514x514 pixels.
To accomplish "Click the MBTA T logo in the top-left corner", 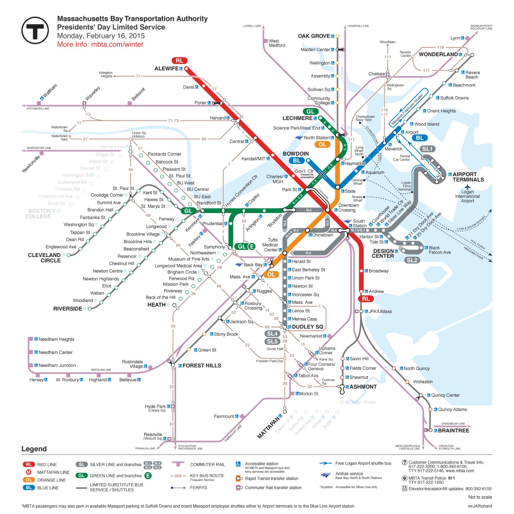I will [x=35, y=30].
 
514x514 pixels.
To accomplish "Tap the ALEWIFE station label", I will [x=166, y=69].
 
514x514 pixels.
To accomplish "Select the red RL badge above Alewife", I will [x=179, y=61].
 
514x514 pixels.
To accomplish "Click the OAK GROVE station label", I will [x=314, y=36].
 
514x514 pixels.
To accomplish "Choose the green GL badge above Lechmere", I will [x=310, y=111].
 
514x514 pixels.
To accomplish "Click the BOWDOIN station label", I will [x=296, y=154].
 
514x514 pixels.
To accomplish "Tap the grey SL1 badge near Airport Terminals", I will [x=427, y=149].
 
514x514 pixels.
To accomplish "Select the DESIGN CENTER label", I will [x=383, y=254].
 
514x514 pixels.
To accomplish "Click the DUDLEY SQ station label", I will [x=307, y=327].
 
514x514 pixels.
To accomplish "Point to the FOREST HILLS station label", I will [x=202, y=366].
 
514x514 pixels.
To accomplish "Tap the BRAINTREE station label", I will [x=453, y=430].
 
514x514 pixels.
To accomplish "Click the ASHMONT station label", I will [x=363, y=387].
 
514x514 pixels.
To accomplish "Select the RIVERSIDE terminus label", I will [x=68, y=309].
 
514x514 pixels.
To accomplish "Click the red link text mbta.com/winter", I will [x=117, y=45].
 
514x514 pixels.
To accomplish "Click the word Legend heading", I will [x=34, y=449].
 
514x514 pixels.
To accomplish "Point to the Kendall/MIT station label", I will [x=253, y=159].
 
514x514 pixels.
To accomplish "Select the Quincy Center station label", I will [x=445, y=395].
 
